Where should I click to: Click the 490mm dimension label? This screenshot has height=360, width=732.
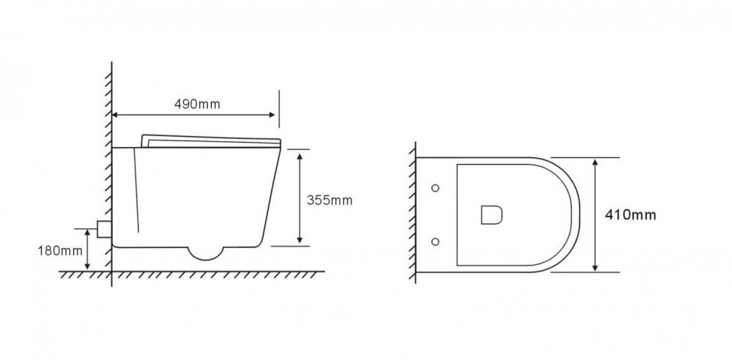197,104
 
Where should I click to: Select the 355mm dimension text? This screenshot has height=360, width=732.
329,200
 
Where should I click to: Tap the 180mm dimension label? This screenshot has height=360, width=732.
60,251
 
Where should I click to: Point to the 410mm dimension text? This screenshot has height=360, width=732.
630,215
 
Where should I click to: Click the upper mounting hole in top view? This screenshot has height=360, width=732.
435,188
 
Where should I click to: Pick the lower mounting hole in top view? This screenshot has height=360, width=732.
435,241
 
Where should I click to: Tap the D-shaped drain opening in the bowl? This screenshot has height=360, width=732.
492,215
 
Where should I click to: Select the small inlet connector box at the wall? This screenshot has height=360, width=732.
104,229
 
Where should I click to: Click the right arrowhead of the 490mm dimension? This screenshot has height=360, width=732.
272,115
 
